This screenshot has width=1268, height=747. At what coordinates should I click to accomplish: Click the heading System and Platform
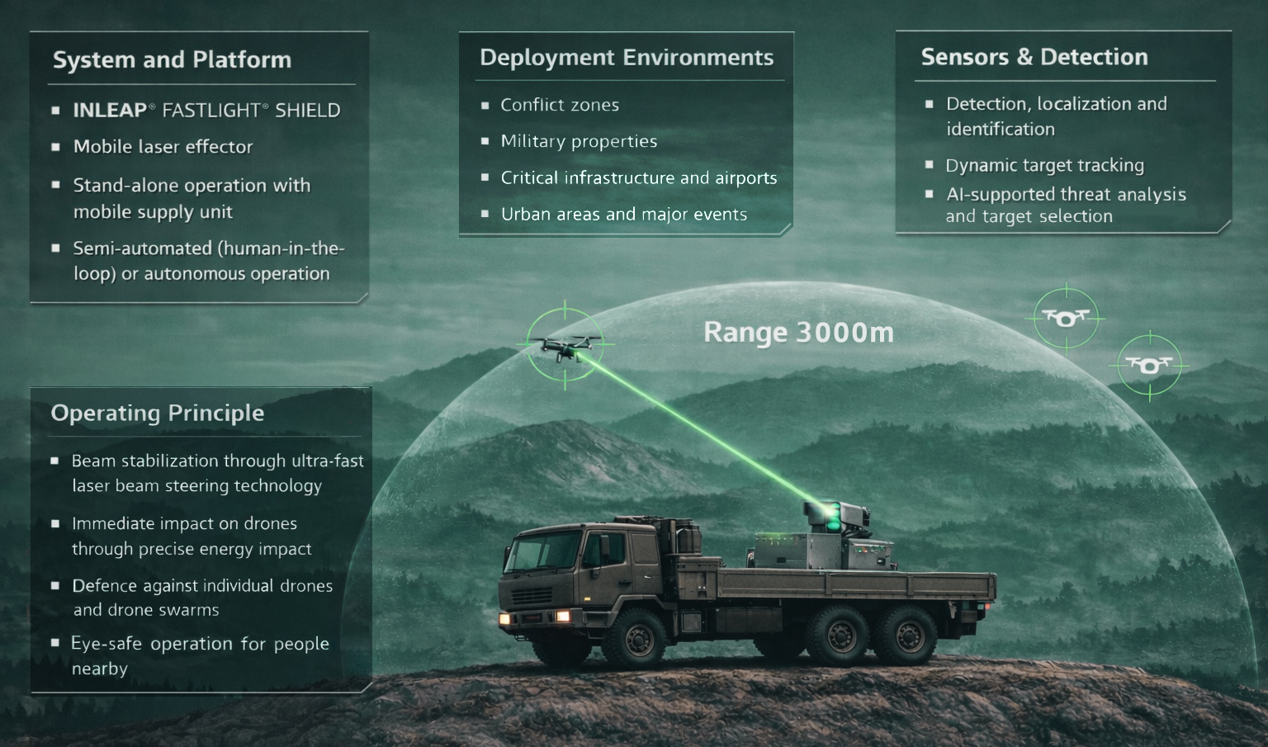pyautogui.click(x=172, y=60)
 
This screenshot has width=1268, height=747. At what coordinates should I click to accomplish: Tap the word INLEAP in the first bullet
pyautogui.click(x=110, y=111)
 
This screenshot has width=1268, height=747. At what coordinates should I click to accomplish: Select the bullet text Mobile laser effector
pyautogui.click(x=163, y=147)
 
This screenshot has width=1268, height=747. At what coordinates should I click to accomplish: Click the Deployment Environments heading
pyautogui.click(x=627, y=58)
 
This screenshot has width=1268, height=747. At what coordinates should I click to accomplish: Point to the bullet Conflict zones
pyautogui.click(x=560, y=105)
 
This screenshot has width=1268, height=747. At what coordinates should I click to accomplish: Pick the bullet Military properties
pyautogui.click(x=579, y=141)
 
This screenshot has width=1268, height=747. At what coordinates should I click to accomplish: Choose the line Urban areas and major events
pyautogui.click(x=624, y=214)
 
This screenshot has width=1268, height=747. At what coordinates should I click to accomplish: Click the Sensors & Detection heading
pyautogui.click(x=1034, y=57)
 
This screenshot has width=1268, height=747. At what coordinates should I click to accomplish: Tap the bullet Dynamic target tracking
pyautogui.click(x=1045, y=165)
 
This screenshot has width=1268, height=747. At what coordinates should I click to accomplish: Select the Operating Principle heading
pyautogui.click(x=158, y=413)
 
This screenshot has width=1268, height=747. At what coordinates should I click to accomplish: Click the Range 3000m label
pyautogui.click(x=799, y=332)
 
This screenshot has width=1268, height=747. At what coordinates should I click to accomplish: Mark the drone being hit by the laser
pyautogui.click(x=565, y=346)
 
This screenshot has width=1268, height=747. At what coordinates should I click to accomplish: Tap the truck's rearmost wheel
pyautogui.click(x=908, y=636)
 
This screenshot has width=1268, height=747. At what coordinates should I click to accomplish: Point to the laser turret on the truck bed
pyautogui.click(x=835, y=518)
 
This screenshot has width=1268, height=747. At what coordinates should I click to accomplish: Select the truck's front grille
pyautogui.click(x=532, y=595)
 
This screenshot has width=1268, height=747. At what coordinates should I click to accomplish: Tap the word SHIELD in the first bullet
pyautogui.click(x=308, y=111)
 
